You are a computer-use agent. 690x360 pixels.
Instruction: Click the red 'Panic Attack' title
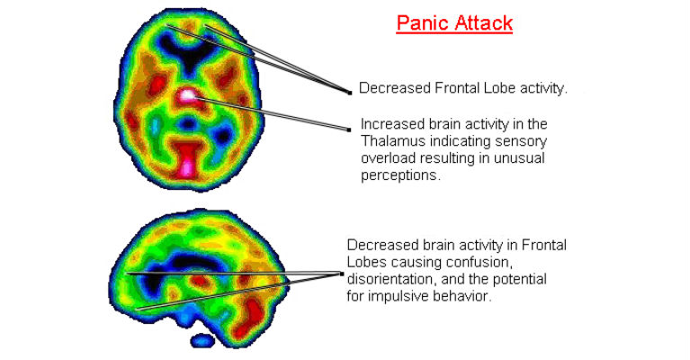pyautogui.click(x=454, y=23)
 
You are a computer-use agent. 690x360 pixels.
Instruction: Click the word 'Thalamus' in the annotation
pyautogui.click(x=391, y=141)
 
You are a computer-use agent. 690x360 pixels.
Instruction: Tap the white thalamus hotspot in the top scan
pyautogui.click(x=187, y=94)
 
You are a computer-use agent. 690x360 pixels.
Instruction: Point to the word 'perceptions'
pyautogui.click(x=400, y=176)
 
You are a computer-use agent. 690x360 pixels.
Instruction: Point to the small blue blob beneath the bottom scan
pyautogui.click(x=205, y=339)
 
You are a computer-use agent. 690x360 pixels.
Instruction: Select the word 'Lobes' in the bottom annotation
pyautogui.click(x=369, y=262)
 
